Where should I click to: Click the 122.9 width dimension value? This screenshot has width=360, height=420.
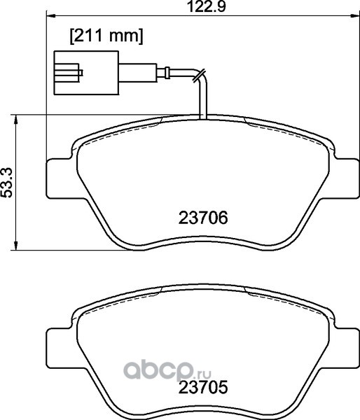[206, 6]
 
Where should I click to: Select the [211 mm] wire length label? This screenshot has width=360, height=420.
[106, 36]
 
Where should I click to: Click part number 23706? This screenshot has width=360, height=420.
[203, 218]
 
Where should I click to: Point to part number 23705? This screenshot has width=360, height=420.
[203, 387]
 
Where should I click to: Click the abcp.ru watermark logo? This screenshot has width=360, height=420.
[167, 370]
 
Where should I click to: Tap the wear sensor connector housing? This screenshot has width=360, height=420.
[86, 73]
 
